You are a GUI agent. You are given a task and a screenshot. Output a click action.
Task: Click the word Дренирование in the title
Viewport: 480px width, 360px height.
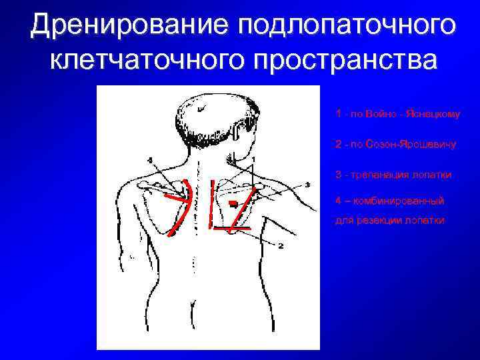[x=129, y=25]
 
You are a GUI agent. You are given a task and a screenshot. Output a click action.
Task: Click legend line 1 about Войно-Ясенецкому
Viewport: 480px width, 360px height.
[x=398, y=114]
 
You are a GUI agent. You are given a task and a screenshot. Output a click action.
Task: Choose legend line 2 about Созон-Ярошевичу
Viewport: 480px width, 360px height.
[x=398, y=144]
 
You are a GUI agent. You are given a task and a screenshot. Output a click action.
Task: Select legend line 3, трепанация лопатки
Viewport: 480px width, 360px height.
[x=393, y=175]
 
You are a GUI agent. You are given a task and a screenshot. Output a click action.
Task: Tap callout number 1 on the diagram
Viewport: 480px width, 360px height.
[x=254, y=157]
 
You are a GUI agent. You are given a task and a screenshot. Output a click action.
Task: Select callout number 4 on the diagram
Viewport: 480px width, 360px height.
[x=151, y=159]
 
